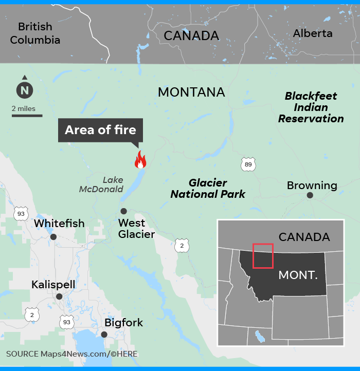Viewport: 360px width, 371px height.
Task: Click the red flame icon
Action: (x=140, y=160)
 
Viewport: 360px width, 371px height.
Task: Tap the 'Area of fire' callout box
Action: (x=100, y=130)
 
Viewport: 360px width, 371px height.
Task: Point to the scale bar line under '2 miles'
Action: (x=27, y=116)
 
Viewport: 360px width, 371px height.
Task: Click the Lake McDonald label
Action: (x=102, y=184)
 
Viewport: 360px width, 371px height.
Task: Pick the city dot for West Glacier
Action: (x=123, y=211)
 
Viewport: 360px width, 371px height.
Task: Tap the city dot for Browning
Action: (x=310, y=195)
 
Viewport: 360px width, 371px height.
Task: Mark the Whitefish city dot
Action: (x=53, y=237)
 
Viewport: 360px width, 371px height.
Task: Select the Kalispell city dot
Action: (x=59, y=296)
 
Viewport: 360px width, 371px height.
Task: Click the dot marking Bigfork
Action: (x=104, y=335)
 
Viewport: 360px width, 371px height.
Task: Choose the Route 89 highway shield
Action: (x=248, y=164)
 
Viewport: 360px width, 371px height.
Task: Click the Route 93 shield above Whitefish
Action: (x=21, y=213)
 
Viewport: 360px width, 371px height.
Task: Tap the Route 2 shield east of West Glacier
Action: (x=182, y=245)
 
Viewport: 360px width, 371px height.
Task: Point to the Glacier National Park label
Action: (x=208, y=189)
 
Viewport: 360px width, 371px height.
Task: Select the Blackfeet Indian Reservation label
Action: (x=311, y=107)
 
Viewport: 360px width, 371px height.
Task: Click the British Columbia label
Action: (x=35, y=33)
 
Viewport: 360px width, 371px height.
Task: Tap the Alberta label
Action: (x=313, y=33)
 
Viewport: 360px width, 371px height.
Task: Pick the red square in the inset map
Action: (x=262, y=255)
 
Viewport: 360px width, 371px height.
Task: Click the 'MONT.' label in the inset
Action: (x=298, y=275)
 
